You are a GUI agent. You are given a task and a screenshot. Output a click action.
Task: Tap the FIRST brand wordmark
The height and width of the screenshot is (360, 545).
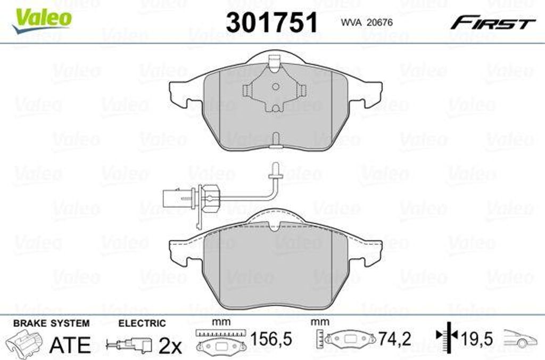493,23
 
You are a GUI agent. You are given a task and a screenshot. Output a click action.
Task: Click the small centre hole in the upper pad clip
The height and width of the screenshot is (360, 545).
275,87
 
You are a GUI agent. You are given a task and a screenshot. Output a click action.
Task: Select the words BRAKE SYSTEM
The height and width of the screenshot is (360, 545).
51,323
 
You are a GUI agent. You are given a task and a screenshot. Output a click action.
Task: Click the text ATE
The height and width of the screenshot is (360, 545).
70,345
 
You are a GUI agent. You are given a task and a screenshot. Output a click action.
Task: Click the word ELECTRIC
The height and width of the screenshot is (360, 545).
142,323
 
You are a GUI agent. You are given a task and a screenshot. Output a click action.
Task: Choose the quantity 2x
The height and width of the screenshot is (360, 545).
170,346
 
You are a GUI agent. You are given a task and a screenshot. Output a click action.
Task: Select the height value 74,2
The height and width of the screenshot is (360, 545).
394,339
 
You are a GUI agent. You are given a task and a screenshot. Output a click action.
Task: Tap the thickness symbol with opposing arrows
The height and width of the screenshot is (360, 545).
447,336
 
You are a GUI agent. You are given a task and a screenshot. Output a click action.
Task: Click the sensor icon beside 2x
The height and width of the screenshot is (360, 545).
129,345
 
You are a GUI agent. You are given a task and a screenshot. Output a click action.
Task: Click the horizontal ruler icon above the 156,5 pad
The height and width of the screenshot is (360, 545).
219,333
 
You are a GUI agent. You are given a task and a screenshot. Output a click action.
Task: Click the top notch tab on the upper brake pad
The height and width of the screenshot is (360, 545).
275,63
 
